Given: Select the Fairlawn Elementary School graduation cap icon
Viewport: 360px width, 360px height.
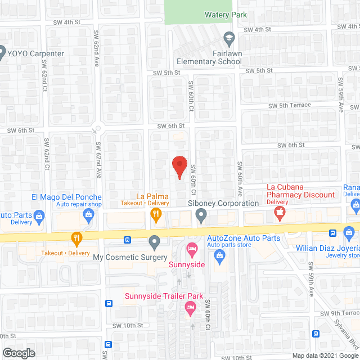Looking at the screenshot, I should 228,39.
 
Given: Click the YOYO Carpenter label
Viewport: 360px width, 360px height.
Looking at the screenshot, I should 36,54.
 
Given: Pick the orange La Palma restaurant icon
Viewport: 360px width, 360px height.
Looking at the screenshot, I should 155,214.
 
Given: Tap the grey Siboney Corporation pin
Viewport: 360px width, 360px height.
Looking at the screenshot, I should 201,214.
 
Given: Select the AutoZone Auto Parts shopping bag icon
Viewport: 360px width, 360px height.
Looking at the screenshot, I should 220,256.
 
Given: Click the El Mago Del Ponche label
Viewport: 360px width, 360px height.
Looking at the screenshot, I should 66,197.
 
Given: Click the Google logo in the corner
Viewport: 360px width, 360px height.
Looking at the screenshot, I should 18,353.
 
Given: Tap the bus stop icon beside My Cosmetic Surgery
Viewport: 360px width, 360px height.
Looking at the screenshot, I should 128,240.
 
